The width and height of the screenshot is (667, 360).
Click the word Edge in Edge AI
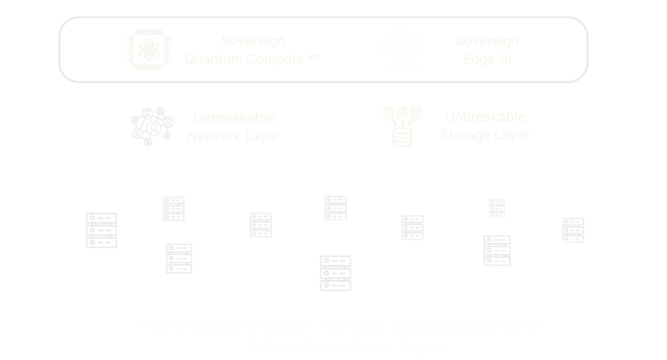pos(476,59)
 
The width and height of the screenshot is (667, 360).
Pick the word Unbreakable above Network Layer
pos(233,117)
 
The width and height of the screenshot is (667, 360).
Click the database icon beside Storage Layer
pos(402,124)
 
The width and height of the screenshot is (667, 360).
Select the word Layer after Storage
pos(511,135)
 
